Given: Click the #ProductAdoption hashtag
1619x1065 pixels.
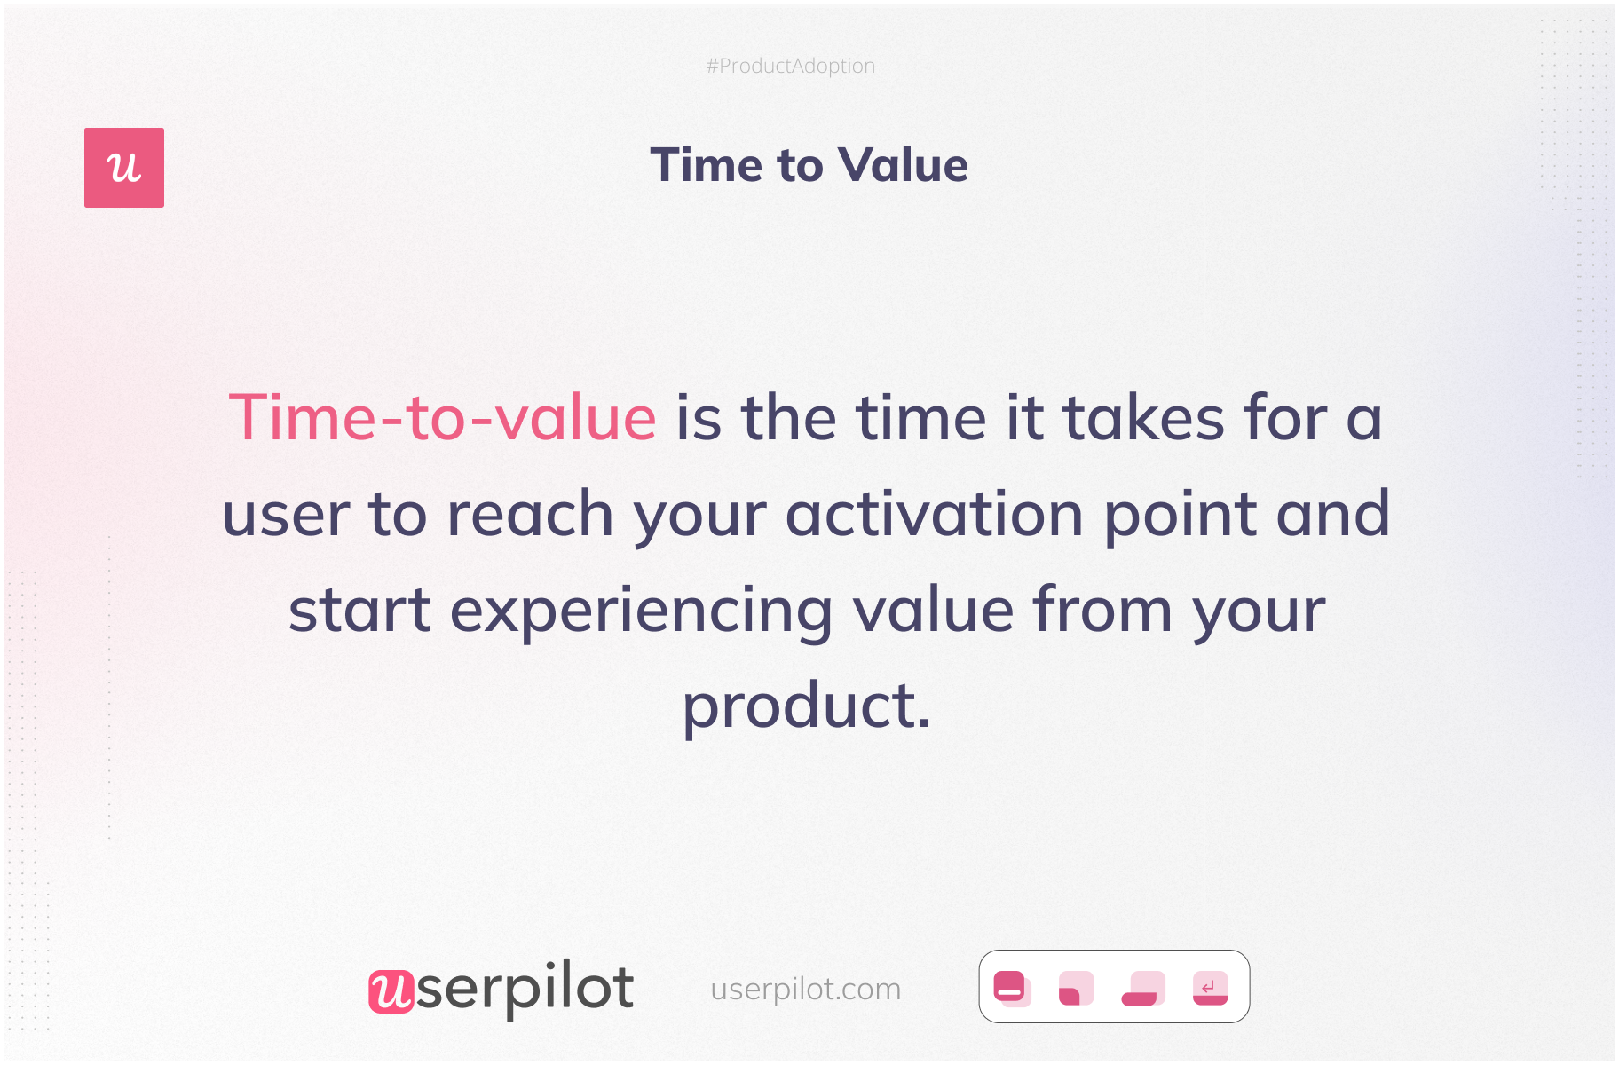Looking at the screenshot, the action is coord(790,67).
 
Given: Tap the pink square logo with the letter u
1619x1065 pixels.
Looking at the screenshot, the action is coord(124,168).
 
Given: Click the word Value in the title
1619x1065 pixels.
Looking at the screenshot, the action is coord(903,165).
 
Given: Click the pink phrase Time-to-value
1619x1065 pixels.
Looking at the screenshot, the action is coord(442,417).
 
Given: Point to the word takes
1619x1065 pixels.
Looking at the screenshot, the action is coord(1144,417).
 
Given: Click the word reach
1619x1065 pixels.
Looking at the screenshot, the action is coord(530,514).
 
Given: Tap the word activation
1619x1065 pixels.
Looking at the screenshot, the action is coord(935,514).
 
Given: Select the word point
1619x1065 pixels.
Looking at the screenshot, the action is coord(1181,516).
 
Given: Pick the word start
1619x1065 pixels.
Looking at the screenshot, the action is coord(359,611).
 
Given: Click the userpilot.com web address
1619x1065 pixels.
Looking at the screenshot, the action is coord(806,989).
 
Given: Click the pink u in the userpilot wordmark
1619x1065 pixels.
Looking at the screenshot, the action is coord(391,990).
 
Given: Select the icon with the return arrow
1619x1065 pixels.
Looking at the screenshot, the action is coord(1210,988).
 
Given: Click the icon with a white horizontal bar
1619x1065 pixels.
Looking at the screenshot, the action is coord(1011,988).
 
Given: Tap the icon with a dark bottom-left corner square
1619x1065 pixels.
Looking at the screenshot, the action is coord(1076,988).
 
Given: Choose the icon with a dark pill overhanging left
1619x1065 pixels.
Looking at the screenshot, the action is coord(1143,988).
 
